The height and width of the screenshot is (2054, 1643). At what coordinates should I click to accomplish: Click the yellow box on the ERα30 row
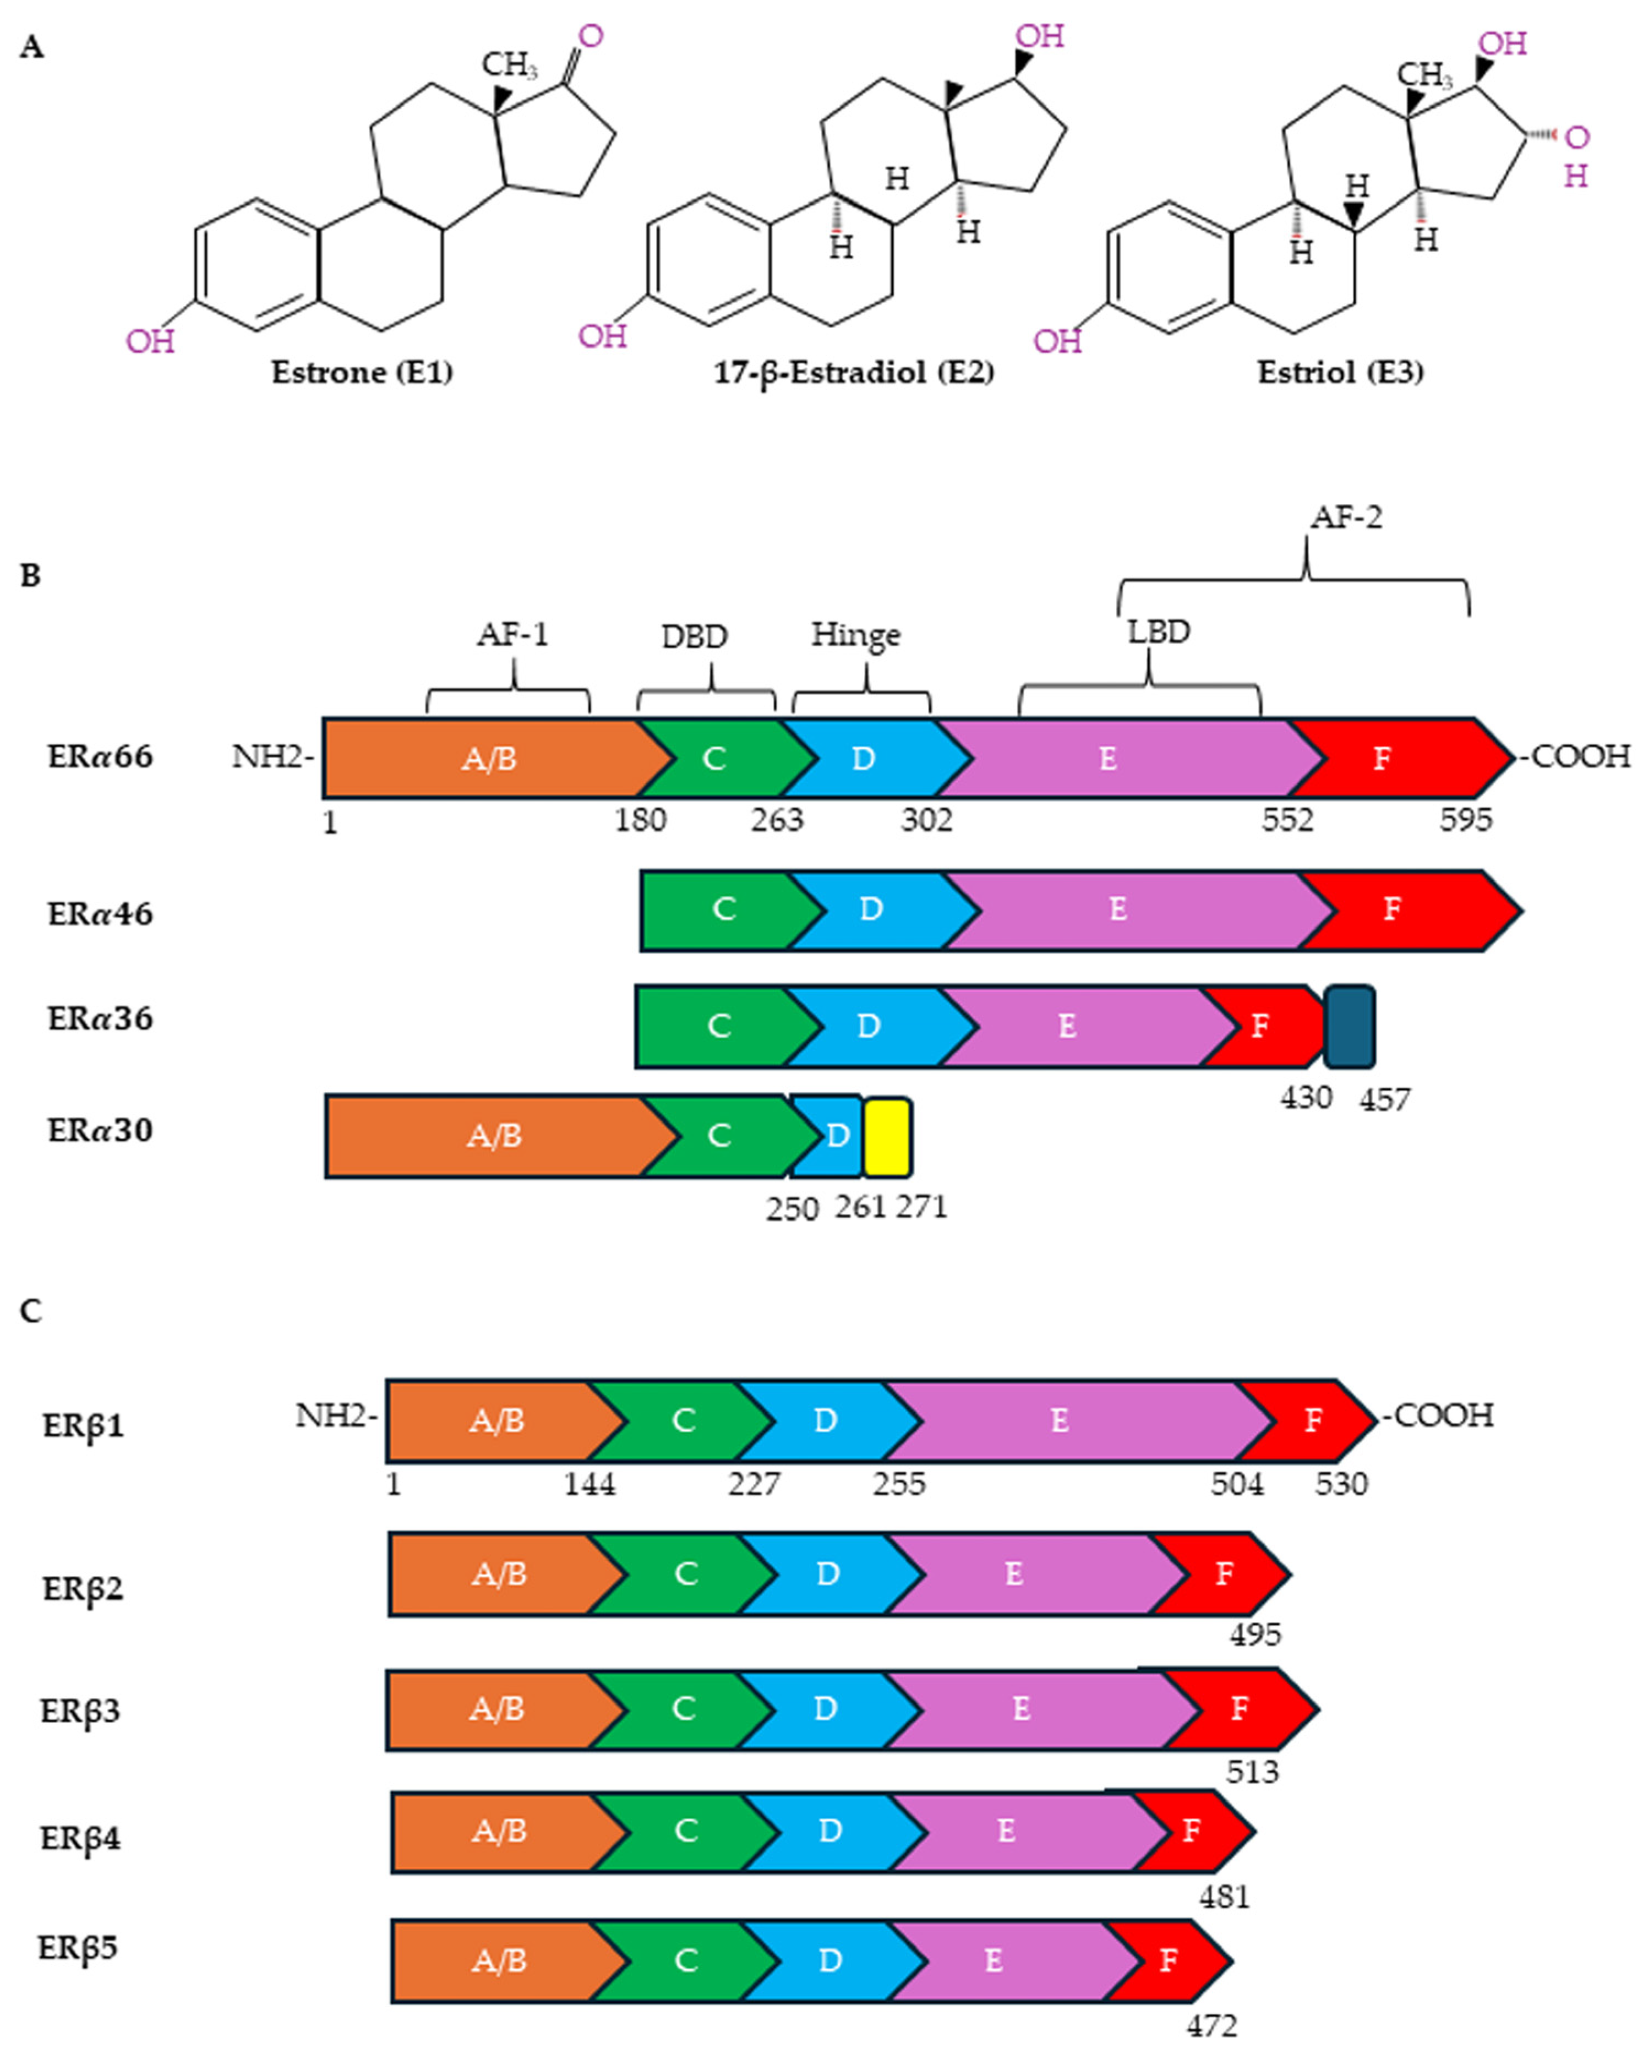pos(887,1137)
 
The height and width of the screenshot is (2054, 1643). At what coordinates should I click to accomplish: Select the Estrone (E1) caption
pos(362,372)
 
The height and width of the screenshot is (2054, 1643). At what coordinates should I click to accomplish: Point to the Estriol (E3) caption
pos(1340,372)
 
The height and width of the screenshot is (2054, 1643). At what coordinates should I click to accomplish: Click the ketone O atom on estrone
pos(591,36)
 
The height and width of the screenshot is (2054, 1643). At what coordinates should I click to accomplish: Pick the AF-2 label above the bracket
pos(1346,517)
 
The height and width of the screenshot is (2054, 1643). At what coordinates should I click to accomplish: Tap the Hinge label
pos(855,635)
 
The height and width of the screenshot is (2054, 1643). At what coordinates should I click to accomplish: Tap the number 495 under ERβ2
pos(1254,1635)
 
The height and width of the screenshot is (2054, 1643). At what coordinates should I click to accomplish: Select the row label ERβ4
pos(81,1838)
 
